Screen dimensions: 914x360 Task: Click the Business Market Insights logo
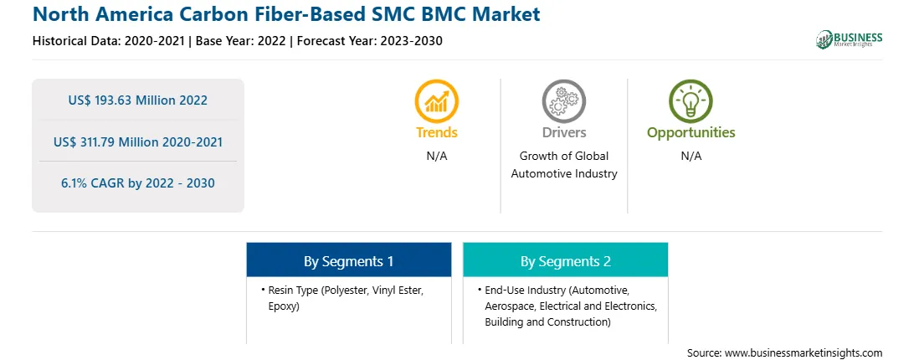point(850,39)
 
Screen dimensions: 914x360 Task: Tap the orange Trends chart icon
point(437,101)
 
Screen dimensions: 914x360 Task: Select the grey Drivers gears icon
point(563,101)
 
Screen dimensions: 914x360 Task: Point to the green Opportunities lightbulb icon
point(691,101)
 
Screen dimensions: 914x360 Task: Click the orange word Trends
point(437,132)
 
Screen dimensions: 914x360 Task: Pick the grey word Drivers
point(563,132)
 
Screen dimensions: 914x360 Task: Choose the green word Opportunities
point(691,133)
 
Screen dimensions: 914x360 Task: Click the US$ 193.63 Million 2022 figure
point(137,100)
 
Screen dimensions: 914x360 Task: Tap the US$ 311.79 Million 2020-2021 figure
point(137,141)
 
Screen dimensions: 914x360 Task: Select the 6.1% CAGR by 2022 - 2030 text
point(137,183)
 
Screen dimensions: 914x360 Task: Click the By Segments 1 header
point(348,261)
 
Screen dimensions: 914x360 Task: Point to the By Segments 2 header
point(566,261)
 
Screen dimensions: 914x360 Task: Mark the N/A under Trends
point(437,157)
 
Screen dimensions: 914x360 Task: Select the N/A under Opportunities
point(691,157)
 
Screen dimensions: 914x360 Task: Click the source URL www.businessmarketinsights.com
point(804,353)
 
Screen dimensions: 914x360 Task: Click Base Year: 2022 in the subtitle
point(241,41)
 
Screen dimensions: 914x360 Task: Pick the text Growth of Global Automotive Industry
point(563,165)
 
